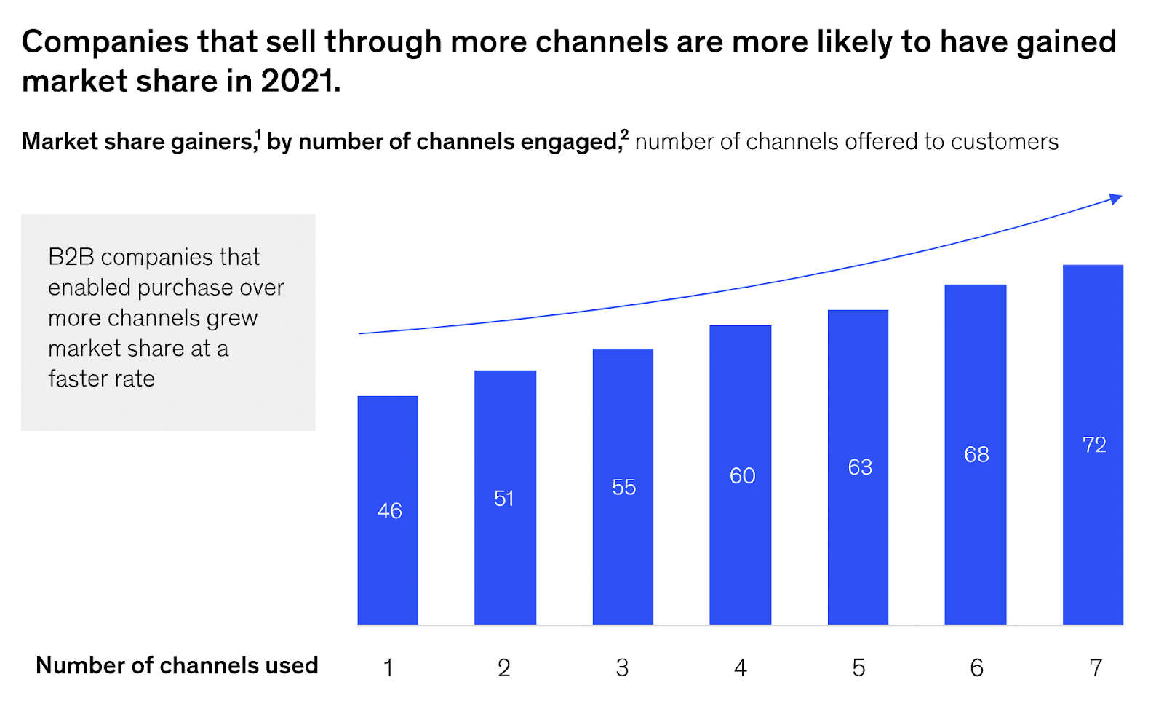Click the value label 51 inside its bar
(x=503, y=499)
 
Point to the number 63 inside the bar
(x=859, y=467)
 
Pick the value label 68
(x=976, y=455)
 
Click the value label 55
(x=623, y=488)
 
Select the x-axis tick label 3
(x=622, y=667)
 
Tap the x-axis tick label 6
(x=976, y=667)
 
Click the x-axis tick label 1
(x=388, y=667)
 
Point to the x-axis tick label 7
(x=1095, y=667)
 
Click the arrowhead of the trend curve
(x=1116, y=198)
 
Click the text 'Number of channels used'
(x=177, y=665)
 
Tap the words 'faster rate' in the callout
(x=101, y=379)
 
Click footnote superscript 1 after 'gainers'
(x=258, y=134)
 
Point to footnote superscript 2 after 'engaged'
(x=624, y=134)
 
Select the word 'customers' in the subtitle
(x=1004, y=141)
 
